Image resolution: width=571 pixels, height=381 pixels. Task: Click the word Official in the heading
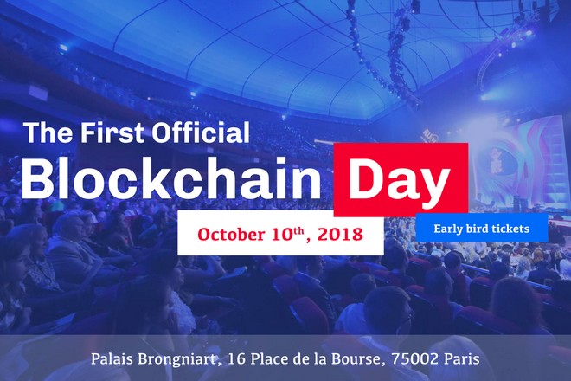202,132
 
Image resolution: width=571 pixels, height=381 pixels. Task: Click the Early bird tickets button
481,229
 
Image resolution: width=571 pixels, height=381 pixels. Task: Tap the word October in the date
230,234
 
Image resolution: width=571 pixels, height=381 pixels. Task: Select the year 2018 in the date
340,234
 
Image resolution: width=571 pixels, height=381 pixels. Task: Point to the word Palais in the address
113,358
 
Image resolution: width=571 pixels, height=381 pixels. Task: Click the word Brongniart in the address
183,358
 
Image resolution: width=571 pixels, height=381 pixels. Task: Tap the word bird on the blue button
481,229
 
